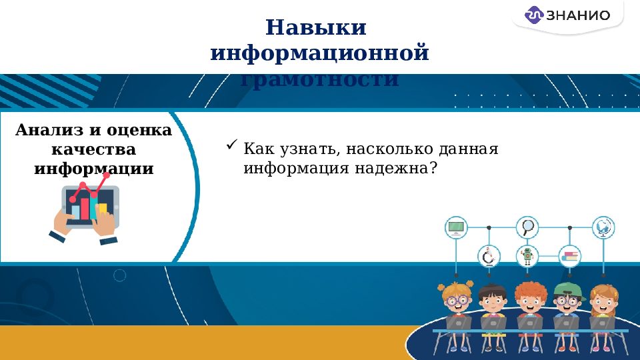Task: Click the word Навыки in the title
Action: (x=317, y=28)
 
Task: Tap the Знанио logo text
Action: (x=577, y=15)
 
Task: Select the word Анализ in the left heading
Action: (x=46, y=130)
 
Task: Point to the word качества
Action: (x=93, y=149)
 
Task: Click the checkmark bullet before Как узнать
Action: (x=232, y=144)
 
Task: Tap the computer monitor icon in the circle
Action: (x=457, y=227)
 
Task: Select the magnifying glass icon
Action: (x=528, y=227)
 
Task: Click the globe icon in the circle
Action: (x=604, y=227)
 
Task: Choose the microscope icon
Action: (x=489, y=256)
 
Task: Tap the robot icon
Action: (x=528, y=256)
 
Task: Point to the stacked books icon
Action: (x=570, y=256)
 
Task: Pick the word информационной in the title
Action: (x=319, y=53)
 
